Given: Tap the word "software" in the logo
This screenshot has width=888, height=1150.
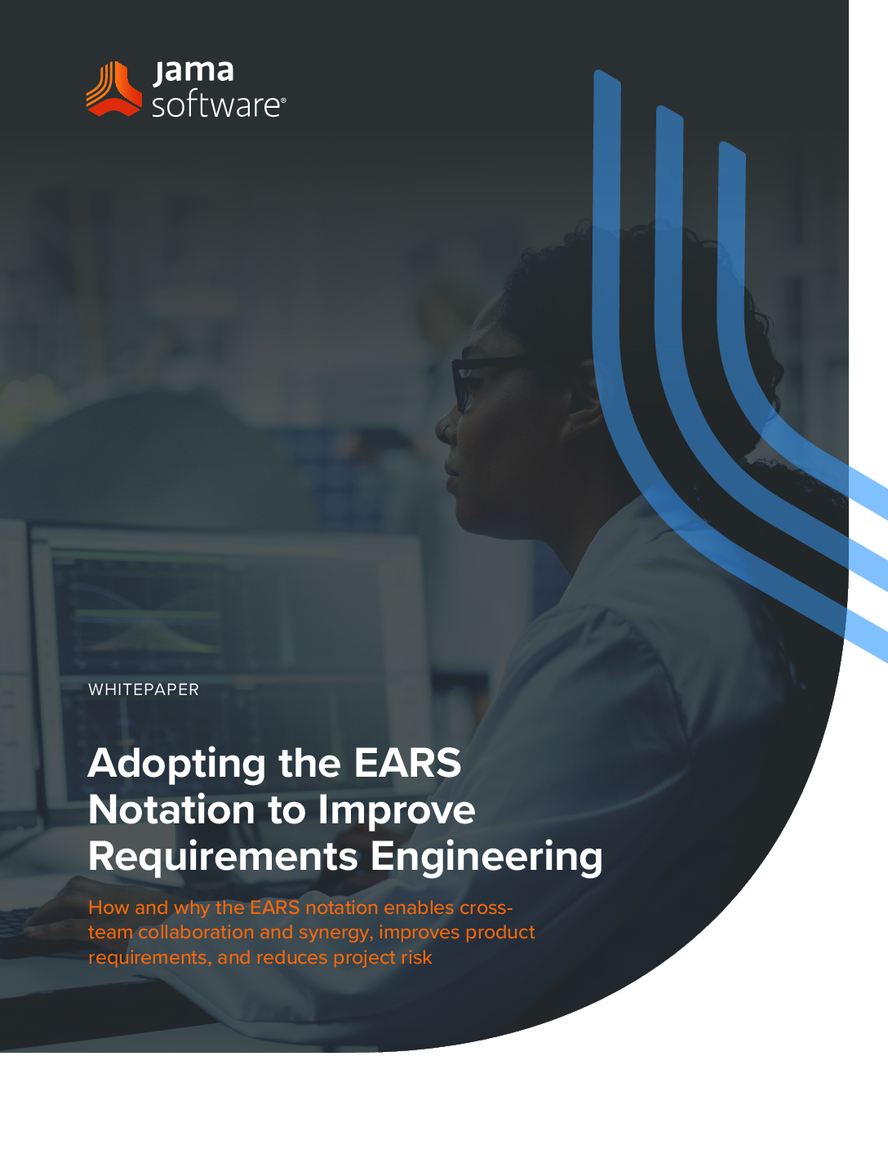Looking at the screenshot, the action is pos(215,105).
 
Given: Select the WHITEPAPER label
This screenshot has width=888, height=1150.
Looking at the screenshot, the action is pos(144,689).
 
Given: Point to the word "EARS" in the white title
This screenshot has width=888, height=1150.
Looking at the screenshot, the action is pos(407,762).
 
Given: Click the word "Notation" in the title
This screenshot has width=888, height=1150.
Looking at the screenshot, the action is pos(171,809).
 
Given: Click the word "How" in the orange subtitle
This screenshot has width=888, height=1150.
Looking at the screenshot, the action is pos(109,907).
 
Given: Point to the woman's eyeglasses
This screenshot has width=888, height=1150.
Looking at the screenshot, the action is pos(486,380).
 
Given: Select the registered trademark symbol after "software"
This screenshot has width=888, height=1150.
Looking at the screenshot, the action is pos(283,100).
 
